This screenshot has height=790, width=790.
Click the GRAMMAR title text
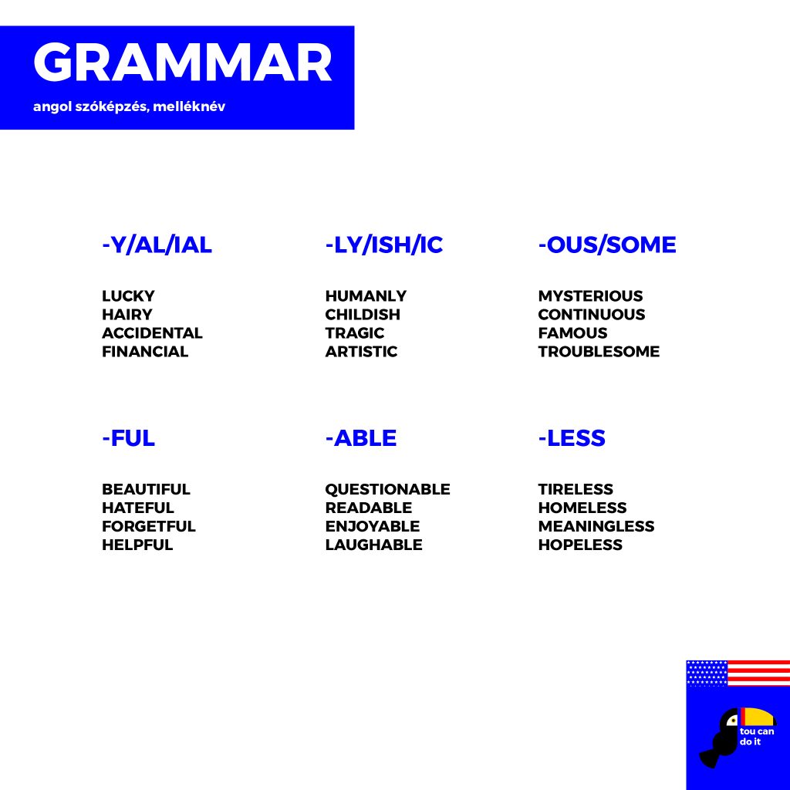182,62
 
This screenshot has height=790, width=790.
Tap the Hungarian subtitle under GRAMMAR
129,106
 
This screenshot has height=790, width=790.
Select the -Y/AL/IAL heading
157,245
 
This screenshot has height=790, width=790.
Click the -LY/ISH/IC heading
384,245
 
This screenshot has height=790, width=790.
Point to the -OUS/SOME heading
607,245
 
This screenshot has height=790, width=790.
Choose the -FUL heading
128,438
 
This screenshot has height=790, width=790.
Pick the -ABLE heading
361,438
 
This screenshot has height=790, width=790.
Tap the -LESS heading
572,438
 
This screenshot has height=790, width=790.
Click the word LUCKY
128,295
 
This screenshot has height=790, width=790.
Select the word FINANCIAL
145,352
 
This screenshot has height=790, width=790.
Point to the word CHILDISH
363,315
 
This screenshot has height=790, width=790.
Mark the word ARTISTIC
361,352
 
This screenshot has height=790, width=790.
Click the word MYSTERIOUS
590,295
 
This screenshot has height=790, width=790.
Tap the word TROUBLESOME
599,352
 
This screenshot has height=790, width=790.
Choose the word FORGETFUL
149,526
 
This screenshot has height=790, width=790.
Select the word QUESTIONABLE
387,489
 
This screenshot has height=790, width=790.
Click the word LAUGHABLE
374,545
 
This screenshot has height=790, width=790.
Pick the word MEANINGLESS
596,526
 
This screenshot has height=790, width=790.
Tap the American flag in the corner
738,674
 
